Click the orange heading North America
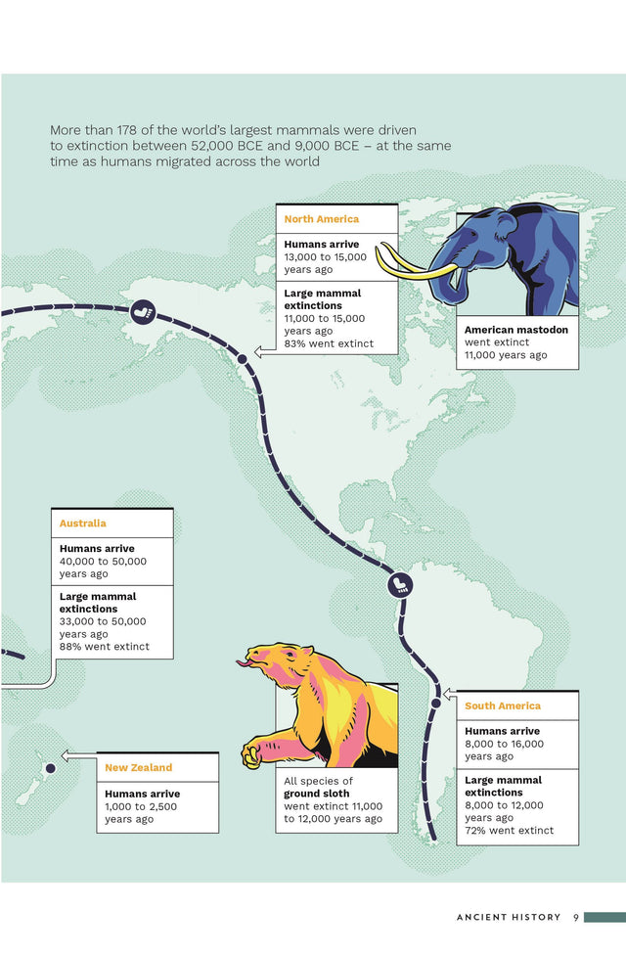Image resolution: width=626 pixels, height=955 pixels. pos(321,219)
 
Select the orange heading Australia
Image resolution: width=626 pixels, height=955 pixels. pos(83,523)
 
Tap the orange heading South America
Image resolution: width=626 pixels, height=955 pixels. pos(502,705)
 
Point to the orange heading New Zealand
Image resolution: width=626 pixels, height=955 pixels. pos(138,767)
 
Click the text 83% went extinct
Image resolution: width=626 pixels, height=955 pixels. pos(329,343)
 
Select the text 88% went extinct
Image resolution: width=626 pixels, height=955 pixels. pos(104,646)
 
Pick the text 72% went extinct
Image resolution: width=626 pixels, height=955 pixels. pos(509,831)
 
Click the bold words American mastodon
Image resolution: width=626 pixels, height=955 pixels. pos(515,331)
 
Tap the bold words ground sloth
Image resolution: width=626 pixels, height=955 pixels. pos(317,794)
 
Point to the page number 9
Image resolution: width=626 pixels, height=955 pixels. pos(576,917)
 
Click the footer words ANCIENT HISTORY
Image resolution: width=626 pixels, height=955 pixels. pos(509,917)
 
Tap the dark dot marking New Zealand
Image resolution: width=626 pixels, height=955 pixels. pos(49,768)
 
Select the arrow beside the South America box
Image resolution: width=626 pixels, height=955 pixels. pos(449,694)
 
